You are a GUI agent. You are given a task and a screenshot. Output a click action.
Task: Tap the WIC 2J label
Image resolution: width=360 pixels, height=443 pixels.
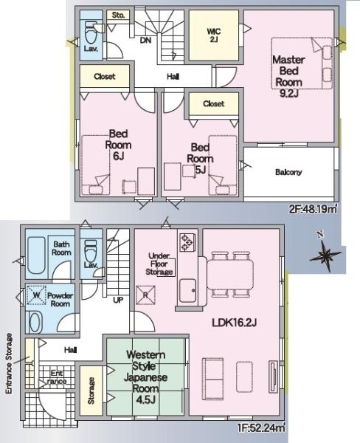coord(213,35)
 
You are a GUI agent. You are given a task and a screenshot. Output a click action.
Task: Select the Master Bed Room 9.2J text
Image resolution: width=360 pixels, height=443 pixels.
coord(288,76)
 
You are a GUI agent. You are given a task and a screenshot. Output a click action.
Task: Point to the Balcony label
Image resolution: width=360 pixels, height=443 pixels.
coord(288,172)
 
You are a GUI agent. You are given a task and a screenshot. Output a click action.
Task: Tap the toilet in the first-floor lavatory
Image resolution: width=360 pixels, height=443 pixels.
coord(91,251)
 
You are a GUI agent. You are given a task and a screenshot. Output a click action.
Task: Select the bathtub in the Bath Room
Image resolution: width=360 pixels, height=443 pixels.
coord(36,255)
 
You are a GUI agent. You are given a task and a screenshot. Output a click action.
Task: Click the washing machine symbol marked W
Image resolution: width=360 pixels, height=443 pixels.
coord(36,295)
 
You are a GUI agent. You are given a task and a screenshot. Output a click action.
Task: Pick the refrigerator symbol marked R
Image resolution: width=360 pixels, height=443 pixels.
coord(145,295)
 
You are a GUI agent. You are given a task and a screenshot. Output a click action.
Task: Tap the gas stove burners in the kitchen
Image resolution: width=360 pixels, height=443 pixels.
coord(187,242)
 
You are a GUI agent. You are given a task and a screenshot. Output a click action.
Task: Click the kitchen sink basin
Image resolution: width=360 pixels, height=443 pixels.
coord(188,290)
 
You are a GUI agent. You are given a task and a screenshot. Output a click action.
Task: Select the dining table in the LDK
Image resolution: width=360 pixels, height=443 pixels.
coord(230,275)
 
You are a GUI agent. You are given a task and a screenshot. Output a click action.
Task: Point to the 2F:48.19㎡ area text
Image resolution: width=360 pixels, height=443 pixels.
coord(313,210)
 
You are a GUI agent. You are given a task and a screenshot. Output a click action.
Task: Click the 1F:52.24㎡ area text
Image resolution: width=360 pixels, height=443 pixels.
coord(260,427)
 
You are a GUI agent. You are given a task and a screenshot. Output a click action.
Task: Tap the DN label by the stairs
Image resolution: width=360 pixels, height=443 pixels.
coord(145,41)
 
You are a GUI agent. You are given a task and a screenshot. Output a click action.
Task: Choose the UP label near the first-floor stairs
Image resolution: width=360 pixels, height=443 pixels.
coord(118,300)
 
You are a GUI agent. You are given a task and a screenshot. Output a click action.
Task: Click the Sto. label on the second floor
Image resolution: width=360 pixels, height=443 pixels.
coord(118,15)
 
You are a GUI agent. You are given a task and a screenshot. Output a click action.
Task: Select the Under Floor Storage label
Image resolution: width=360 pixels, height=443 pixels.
coord(159,264)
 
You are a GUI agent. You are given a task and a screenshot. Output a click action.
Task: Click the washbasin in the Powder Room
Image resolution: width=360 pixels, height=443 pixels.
coord(35,323)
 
